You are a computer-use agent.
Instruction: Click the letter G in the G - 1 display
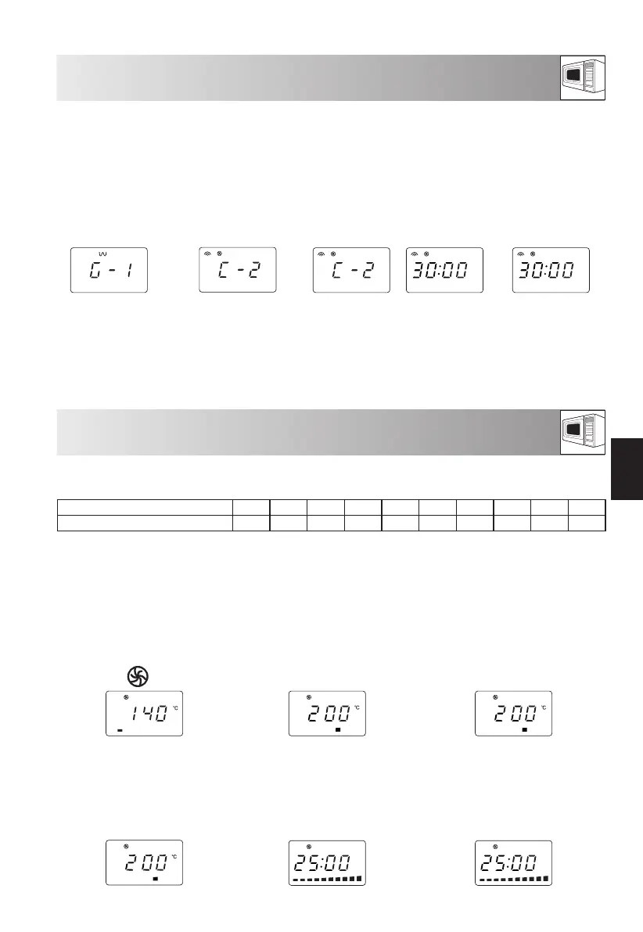click(x=95, y=271)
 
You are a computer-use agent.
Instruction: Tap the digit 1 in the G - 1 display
click(x=128, y=271)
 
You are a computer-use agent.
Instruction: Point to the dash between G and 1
click(x=112, y=271)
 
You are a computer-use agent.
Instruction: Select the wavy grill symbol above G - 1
click(x=102, y=254)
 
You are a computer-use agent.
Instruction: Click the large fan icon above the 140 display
click(x=138, y=676)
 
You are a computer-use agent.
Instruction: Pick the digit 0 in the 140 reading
click(x=162, y=713)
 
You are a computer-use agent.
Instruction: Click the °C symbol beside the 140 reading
click(x=175, y=708)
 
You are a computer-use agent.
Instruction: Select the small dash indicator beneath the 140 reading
click(x=120, y=731)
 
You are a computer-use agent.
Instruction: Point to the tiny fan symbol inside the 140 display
click(x=126, y=696)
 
